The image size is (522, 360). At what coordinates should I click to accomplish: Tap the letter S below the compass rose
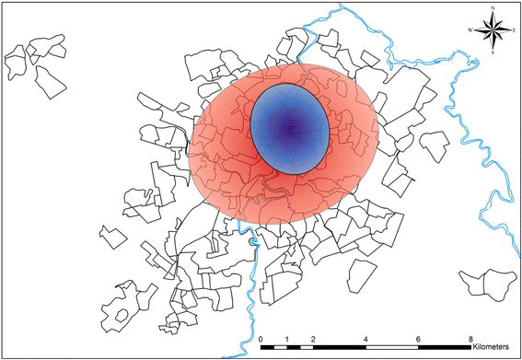tap(495, 52)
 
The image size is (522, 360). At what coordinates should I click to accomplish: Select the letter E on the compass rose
tap(515, 30)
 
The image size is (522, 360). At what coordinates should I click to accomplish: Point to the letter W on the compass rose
tap(472, 30)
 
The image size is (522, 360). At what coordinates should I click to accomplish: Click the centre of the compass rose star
tap(495, 30)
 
